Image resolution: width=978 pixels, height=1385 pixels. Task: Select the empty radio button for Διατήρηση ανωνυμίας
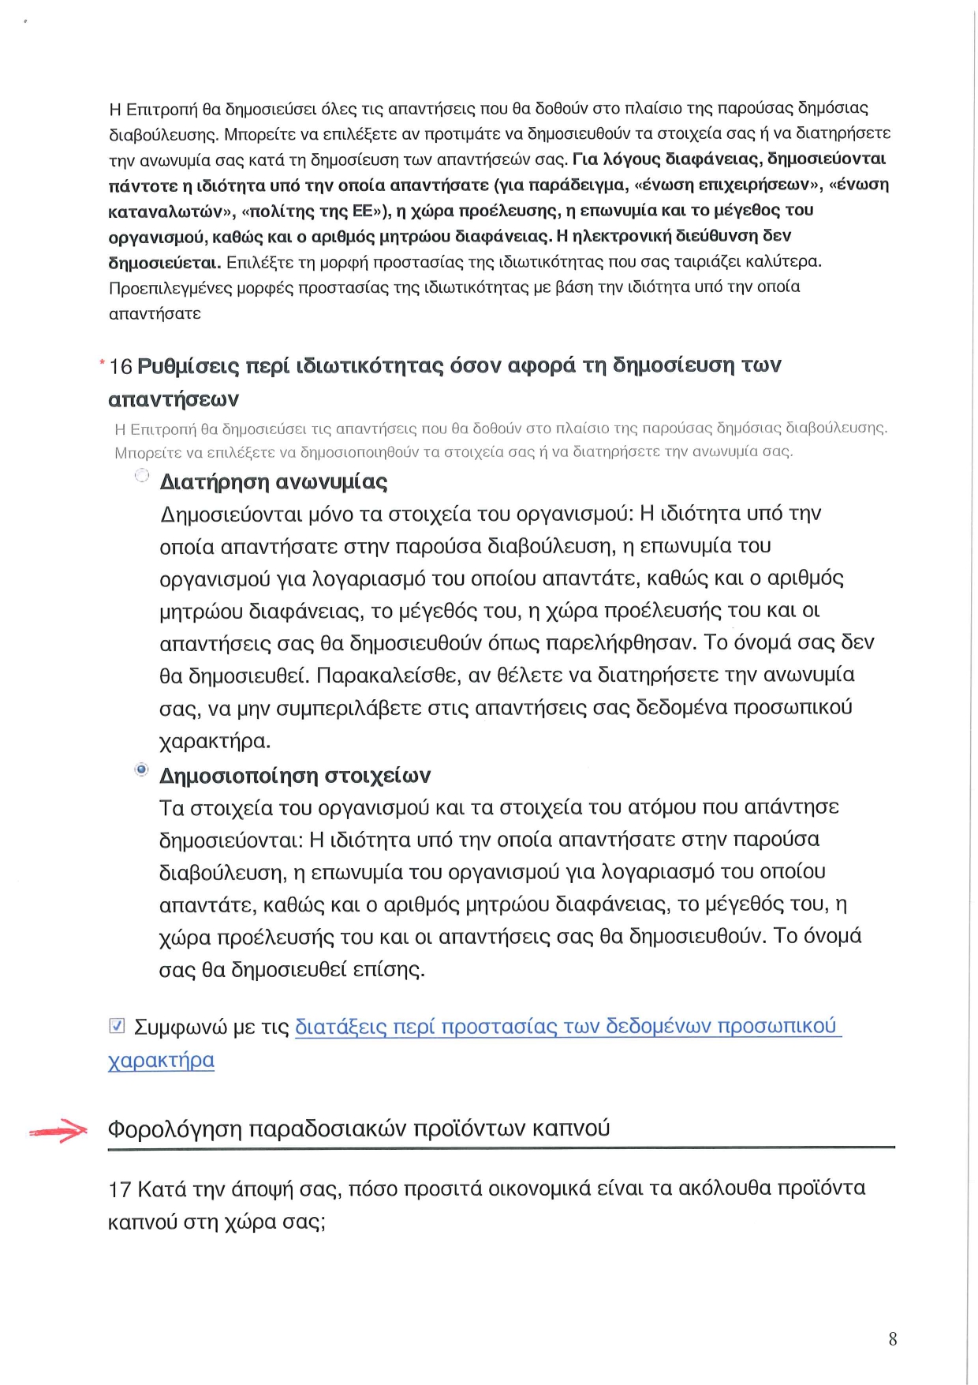point(142,475)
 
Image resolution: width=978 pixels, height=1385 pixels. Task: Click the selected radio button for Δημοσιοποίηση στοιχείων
point(142,769)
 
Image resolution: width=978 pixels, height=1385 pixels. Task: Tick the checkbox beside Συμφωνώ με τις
point(117,1026)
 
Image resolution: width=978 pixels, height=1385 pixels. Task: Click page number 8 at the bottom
point(892,1338)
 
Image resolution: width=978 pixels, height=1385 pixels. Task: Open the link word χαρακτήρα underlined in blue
point(161,1060)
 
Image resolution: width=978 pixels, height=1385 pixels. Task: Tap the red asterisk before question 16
point(103,363)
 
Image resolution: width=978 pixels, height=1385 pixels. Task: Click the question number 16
point(121,366)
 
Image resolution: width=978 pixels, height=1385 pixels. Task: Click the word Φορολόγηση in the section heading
point(174,1129)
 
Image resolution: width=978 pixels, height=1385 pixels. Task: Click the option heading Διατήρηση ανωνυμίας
point(273,481)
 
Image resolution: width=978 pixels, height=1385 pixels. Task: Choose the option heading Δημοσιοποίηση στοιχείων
point(295,776)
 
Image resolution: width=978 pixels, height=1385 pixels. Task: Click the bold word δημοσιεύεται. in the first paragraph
point(165,262)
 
